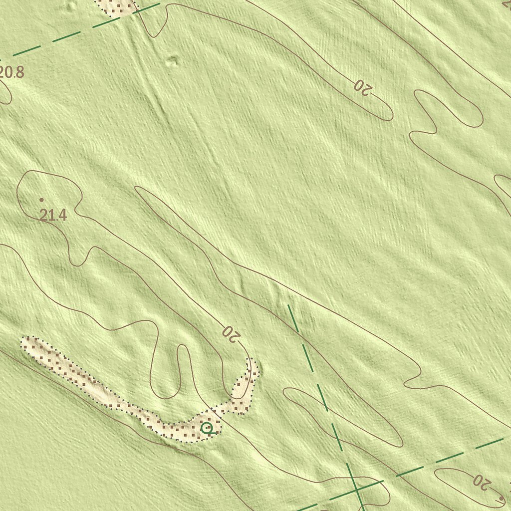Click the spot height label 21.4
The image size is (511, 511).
[53, 216]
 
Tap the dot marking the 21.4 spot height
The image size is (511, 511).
[41, 200]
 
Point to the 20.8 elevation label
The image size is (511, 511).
[12, 73]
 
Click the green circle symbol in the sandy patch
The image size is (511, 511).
[206, 428]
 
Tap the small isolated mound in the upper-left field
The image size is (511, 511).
[172, 61]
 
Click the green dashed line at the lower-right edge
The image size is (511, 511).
[449, 457]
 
